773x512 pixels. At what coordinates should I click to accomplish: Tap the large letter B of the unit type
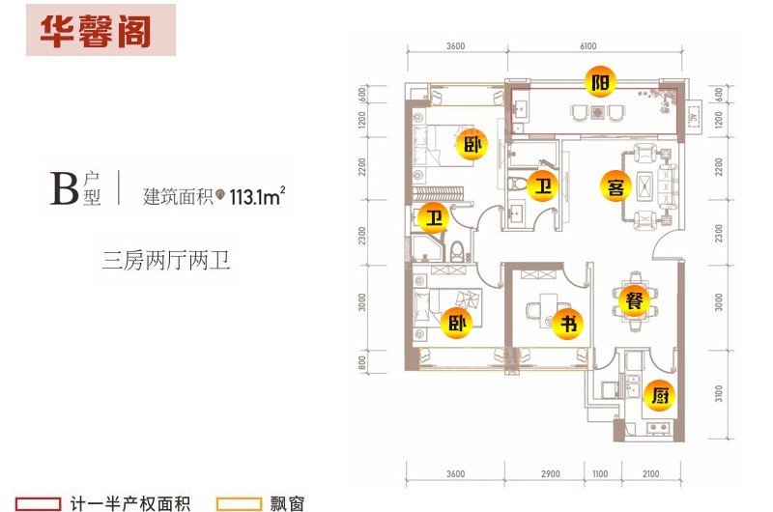click(x=65, y=188)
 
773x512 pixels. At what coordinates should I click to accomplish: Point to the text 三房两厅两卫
click(x=166, y=261)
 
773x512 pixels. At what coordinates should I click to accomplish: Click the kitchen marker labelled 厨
click(x=657, y=394)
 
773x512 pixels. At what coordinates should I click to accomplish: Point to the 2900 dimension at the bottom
click(x=551, y=474)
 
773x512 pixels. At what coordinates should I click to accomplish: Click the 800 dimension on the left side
click(x=361, y=363)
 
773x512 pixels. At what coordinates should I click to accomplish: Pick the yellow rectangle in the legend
click(x=240, y=503)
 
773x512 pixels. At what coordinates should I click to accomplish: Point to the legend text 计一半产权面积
click(x=130, y=503)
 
